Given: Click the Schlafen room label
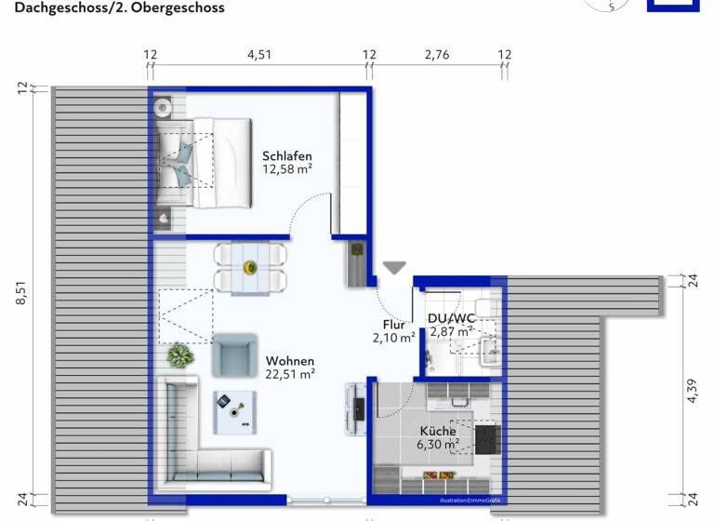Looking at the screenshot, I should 286,155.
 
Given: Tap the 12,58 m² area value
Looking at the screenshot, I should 286,169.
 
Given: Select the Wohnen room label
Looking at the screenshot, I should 290,361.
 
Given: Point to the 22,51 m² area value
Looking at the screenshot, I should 290,375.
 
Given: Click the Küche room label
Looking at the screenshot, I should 437,431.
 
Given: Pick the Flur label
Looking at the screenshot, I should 394,325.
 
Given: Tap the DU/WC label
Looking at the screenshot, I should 452,318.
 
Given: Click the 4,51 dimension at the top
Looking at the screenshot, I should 259,55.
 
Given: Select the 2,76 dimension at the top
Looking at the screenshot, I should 437,55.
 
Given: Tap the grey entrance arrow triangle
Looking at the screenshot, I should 395,268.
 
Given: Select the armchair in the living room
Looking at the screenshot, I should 233,354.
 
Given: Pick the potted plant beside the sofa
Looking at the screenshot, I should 180,354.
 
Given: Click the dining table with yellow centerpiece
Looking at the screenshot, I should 249,268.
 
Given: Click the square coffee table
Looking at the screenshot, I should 234,411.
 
